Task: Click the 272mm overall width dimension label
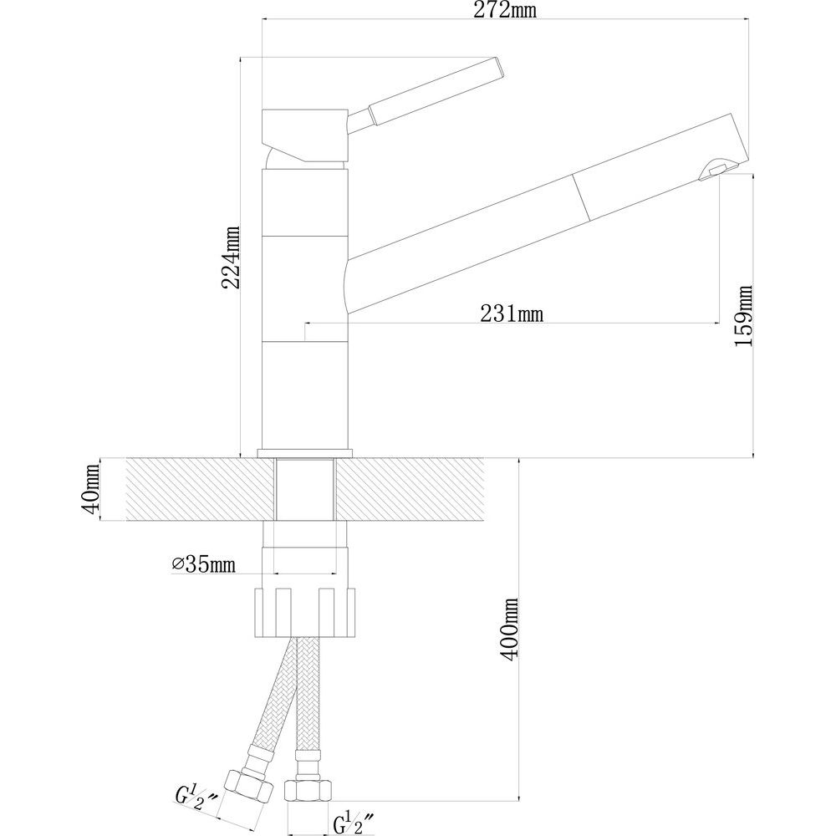point(505,10)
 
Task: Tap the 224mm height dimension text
point(231,257)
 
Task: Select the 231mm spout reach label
point(512,313)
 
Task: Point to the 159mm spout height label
point(743,316)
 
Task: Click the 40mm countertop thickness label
point(90,489)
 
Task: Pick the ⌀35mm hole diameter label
point(204,564)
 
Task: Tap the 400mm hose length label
point(510,630)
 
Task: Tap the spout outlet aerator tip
point(711,171)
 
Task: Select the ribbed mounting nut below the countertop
point(305,612)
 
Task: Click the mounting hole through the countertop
point(305,488)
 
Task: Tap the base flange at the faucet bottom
point(305,452)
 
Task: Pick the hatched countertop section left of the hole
point(201,489)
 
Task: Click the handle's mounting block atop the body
point(305,135)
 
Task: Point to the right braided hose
point(308,694)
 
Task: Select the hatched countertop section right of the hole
point(410,489)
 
